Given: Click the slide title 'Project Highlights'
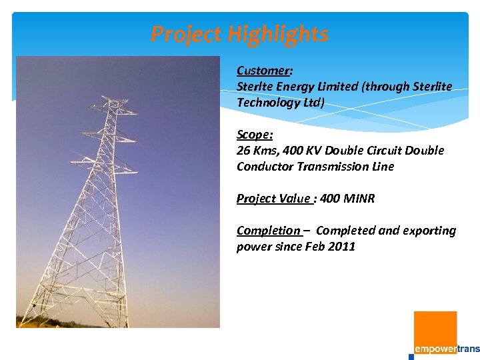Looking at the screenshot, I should pos(239,34).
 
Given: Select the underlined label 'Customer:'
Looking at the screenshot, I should pos(265,71).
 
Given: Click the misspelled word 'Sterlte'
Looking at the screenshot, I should pos(255,87).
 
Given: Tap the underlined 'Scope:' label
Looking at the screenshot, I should pos(255,134).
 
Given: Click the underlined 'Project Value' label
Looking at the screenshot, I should pos(273,199).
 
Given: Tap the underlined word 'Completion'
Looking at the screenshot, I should pos(268,231).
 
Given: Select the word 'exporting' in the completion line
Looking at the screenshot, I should pos(429,231).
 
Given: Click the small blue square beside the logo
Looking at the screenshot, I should pos(411,357).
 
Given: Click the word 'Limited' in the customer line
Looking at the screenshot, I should pos(335,87).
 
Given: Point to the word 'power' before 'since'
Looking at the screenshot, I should pos(254,247).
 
